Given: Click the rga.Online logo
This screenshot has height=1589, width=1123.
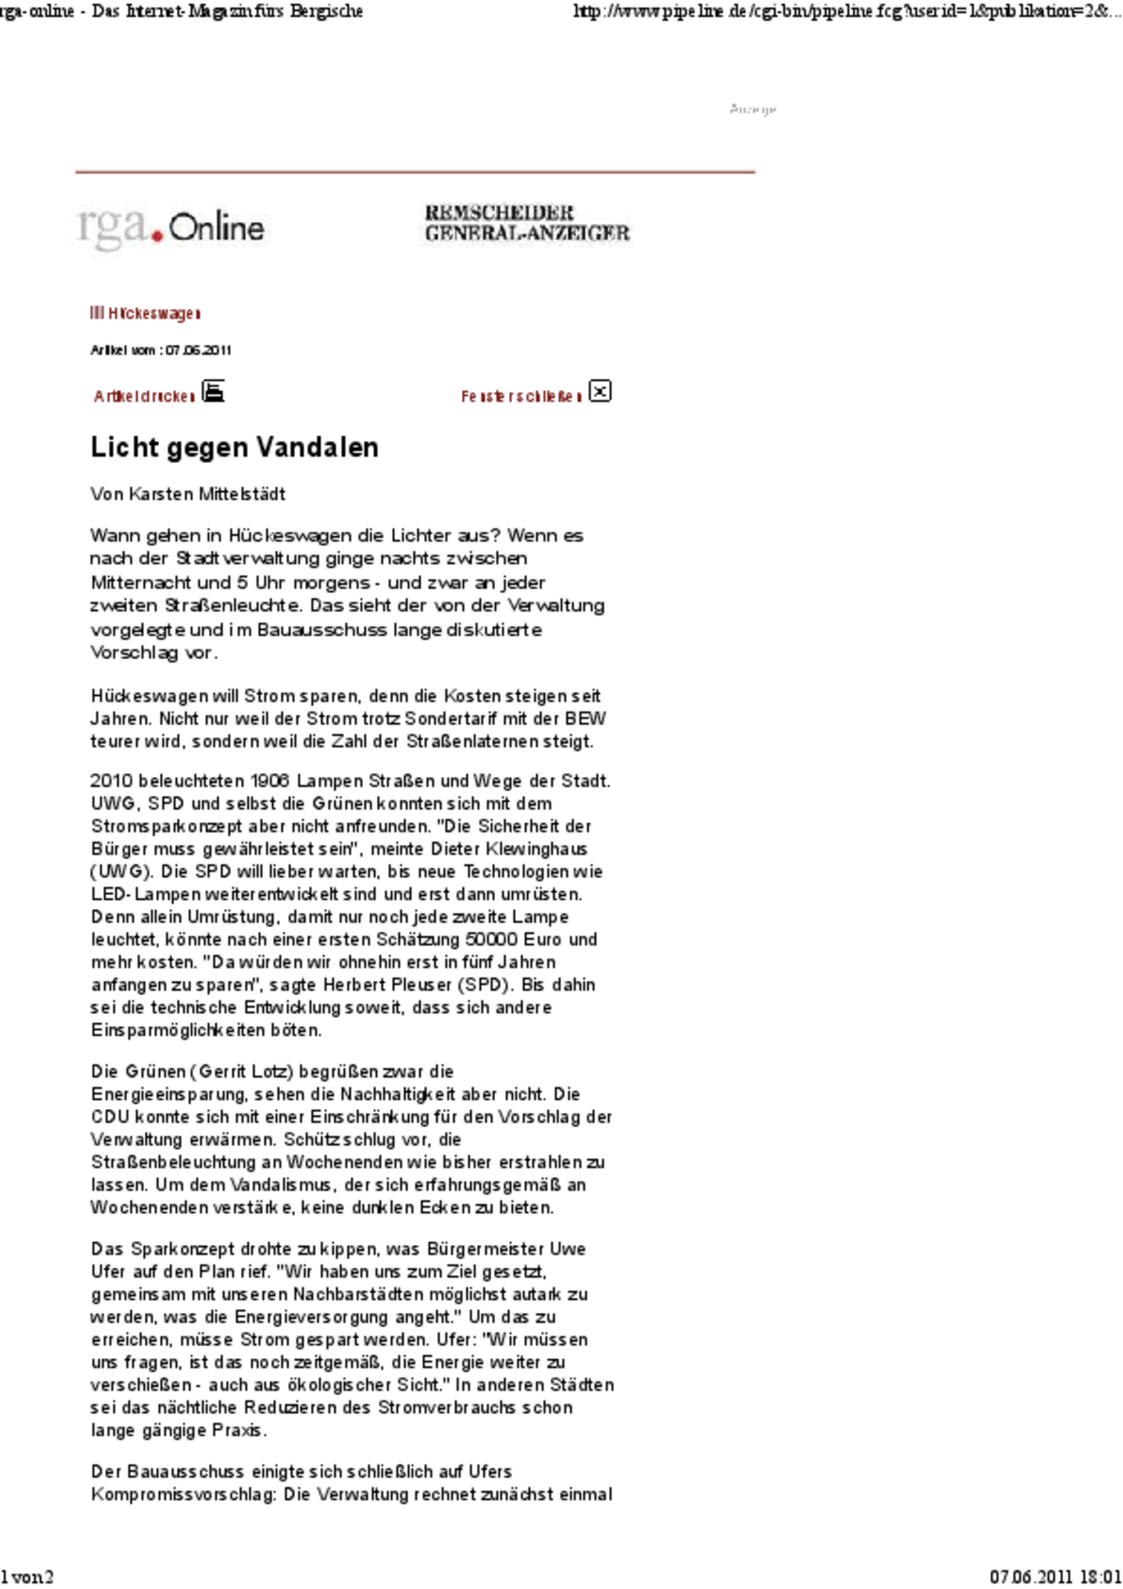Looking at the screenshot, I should pos(170,227).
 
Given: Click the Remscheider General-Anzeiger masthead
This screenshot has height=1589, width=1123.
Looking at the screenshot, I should pos(527,224).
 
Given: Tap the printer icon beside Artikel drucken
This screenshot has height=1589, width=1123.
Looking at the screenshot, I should pos(213,391).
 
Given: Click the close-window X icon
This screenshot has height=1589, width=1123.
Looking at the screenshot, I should pos(600,391).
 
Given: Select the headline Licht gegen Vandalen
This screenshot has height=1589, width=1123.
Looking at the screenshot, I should pos(234,447).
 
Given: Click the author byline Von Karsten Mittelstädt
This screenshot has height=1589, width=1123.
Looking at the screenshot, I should pos(187,494).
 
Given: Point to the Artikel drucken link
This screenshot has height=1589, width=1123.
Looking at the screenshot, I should pos(144,397).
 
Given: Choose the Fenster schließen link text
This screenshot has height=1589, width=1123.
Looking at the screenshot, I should pos(520,397).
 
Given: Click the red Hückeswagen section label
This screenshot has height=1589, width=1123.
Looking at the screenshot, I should pos(145,313).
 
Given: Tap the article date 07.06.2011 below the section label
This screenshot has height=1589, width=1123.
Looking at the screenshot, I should pos(197,351).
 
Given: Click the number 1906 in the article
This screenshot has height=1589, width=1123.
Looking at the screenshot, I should pos(269,781).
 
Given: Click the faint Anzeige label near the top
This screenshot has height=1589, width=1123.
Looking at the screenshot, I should pos(752,110).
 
